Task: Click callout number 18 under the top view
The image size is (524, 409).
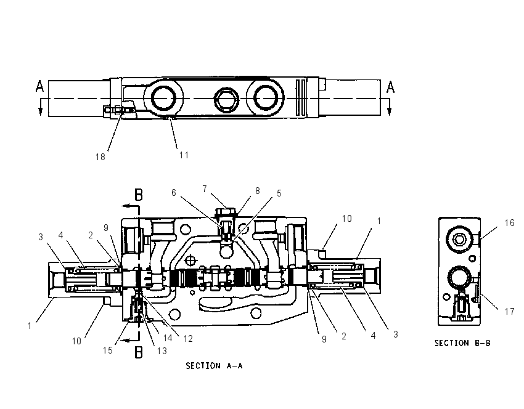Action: [100, 156]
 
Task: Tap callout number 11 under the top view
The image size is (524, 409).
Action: [184, 155]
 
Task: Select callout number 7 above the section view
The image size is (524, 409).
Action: [205, 189]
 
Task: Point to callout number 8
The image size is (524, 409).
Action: [257, 191]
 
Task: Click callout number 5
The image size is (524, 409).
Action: [279, 193]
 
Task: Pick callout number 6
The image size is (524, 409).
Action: [173, 193]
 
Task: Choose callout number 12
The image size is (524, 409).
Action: [188, 339]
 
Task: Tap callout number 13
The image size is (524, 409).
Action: [162, 351]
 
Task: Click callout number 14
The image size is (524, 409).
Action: [168, 338]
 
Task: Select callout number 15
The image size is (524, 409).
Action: [108, 350]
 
